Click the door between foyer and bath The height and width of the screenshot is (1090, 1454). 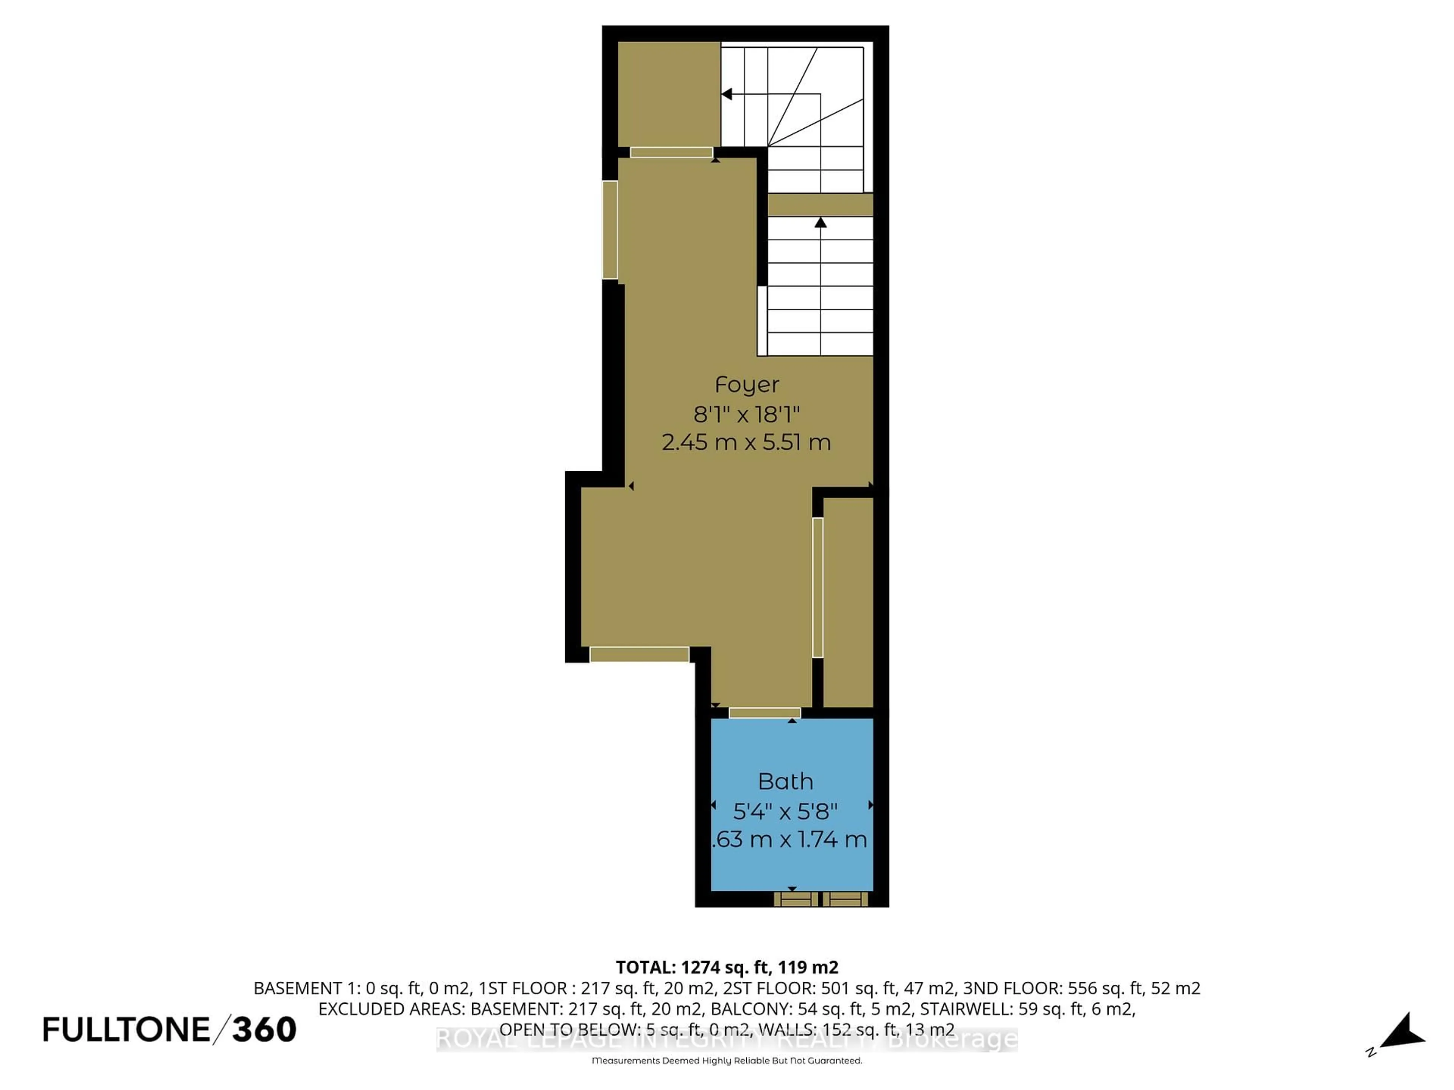tap(764, 713)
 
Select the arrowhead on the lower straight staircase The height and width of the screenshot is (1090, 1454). tap(821, 223)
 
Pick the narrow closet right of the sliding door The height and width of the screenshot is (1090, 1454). tap(848, 602)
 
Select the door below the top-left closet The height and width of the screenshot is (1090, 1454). tap(671, 153)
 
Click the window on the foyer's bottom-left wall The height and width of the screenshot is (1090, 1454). tap(639, 654)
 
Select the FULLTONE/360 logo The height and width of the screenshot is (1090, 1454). tap(170, 1029)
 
